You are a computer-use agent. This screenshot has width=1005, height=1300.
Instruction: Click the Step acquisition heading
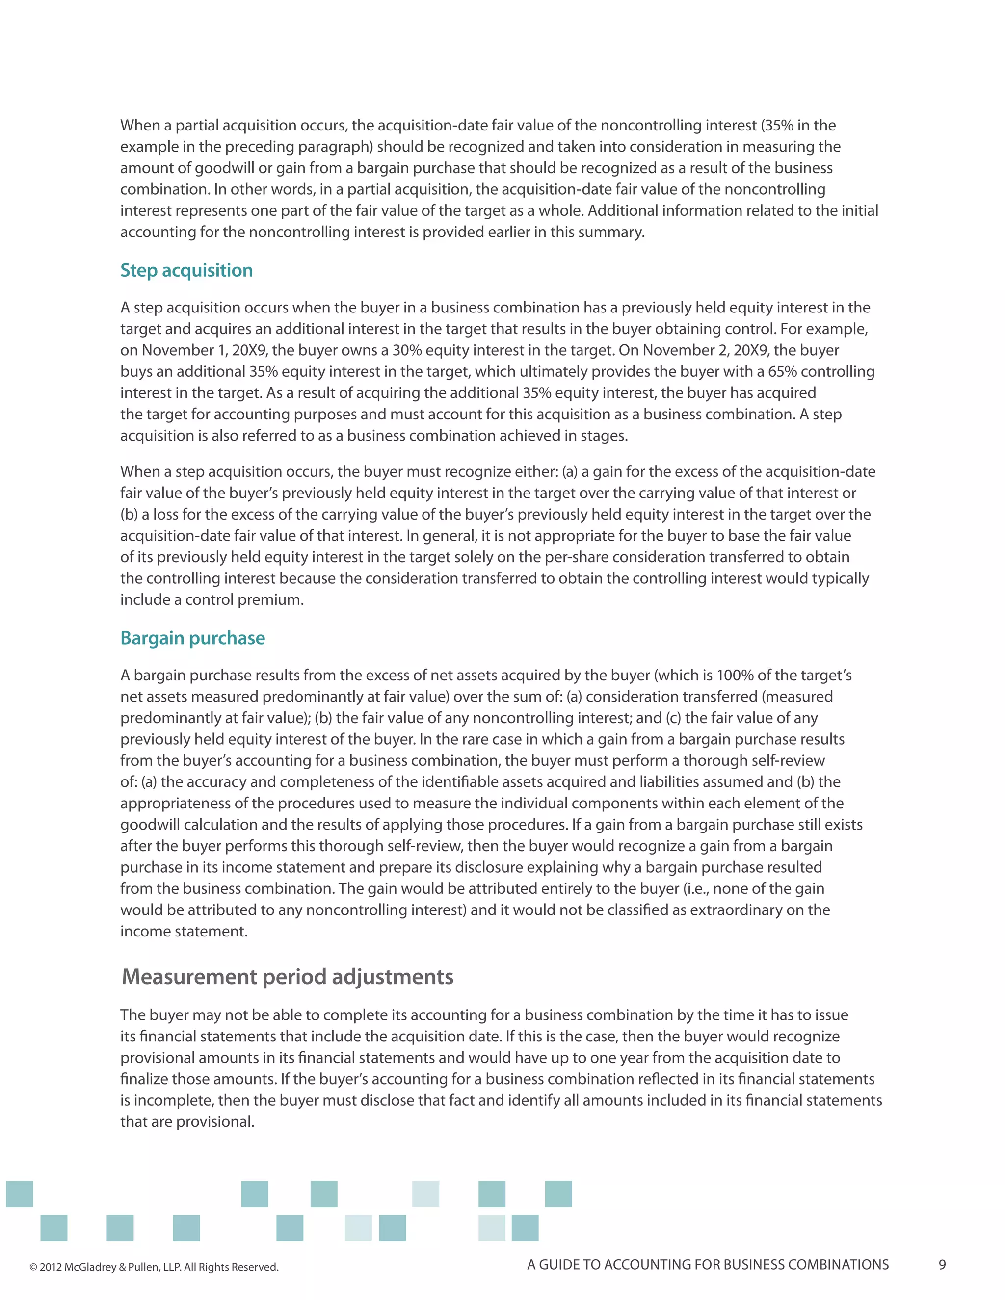(x=186, y=270)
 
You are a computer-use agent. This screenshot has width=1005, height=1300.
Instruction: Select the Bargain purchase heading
(x=192, y=638)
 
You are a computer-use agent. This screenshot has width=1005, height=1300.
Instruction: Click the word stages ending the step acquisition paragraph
(x=607, y=436)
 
